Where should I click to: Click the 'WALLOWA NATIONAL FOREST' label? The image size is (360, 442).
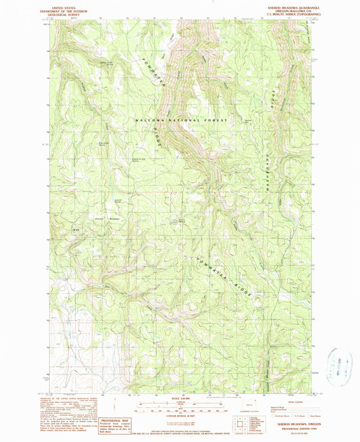(x=182, y=120)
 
